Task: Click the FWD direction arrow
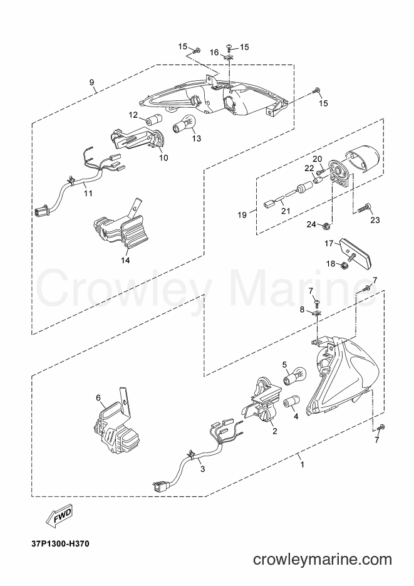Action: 60,516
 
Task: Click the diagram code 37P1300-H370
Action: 61,544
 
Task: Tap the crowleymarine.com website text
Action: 323,560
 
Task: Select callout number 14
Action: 125,260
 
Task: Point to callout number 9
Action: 92,82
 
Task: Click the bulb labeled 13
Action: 185,125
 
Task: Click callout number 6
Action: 98,397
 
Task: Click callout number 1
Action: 303,464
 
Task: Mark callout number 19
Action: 242,215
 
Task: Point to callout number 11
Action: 88,193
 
